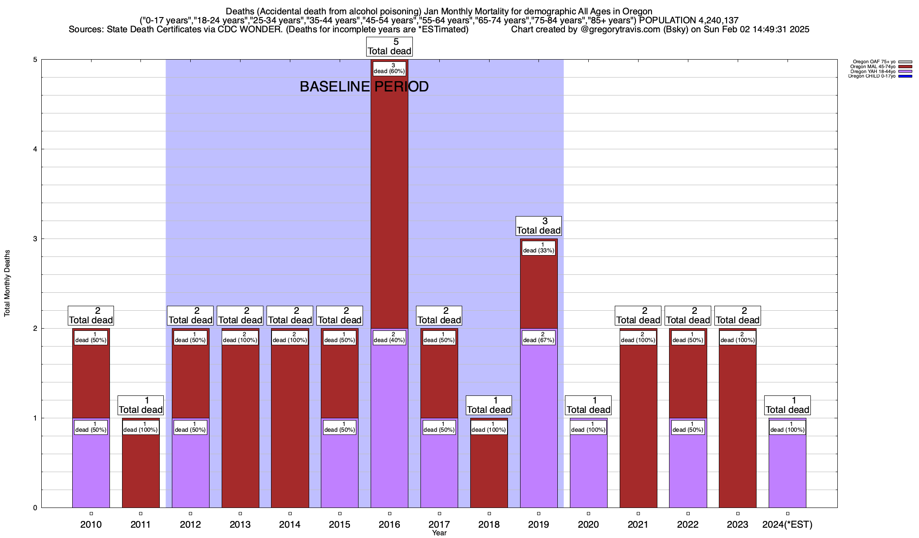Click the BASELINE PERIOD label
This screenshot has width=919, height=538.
[364, 87]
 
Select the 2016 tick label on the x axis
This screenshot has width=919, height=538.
[389, 525]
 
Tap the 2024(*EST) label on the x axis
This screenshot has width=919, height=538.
[788, 525]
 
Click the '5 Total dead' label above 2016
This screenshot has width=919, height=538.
[389, 47]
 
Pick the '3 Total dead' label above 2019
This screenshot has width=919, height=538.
[538, 226]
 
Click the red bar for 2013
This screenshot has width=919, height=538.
[240, 426]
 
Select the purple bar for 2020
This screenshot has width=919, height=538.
[588, 471]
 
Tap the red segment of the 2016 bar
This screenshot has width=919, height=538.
[389, 202]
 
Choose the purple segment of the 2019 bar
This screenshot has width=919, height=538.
[538, 426]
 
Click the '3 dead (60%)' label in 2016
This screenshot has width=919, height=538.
[389, 69]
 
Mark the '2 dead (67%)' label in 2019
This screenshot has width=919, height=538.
[538, 338]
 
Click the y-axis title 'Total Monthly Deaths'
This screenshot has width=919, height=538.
[7, 283]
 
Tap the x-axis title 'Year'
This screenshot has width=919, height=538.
[439, 533]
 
